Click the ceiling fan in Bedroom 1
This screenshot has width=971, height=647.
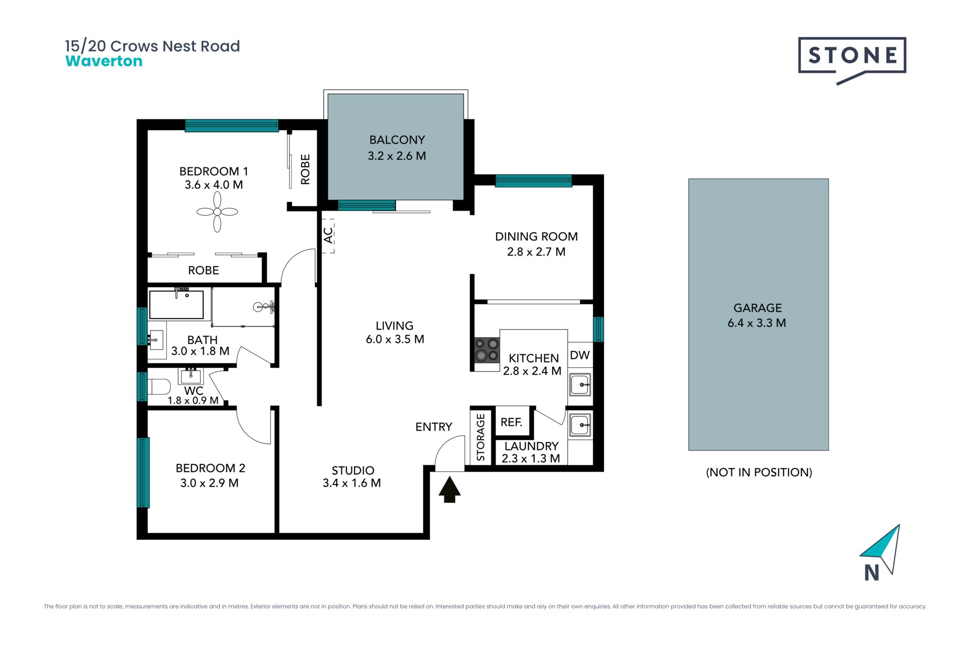pyautogui.click(x=217, y=212)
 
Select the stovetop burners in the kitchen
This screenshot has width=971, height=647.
pyautogui.click(x=487, y=350)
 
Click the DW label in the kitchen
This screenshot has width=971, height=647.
pyautogui.click(x=580, y=355)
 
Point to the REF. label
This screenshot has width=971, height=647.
pyautogui.click(x=511, y=422)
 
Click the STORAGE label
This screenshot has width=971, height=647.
pyautogui.click(x=480, y=437)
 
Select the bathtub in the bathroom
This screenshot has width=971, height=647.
pyautogui.click(x=176, y=304)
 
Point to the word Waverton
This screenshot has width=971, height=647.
pyautogui.click(x=104, y=61)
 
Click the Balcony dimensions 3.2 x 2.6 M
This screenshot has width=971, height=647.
pyautogui.click(x=396, y=156)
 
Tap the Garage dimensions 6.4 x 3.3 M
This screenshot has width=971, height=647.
pyautogui.click(x=757, y=322)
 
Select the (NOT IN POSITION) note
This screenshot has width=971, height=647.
pyautogui.click(x=759, y=472)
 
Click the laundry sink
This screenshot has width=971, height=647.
pyautogui.click(x=580, y=425)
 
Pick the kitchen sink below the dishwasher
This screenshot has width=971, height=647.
pyautogui.click(x=580, y=385)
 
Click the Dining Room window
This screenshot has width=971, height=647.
pyautogui.click(x=534, y=180)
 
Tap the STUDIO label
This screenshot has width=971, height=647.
pyautogui.click(x=353, y=470)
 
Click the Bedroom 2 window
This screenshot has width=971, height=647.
pyautogui.click(x=143, y=472)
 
